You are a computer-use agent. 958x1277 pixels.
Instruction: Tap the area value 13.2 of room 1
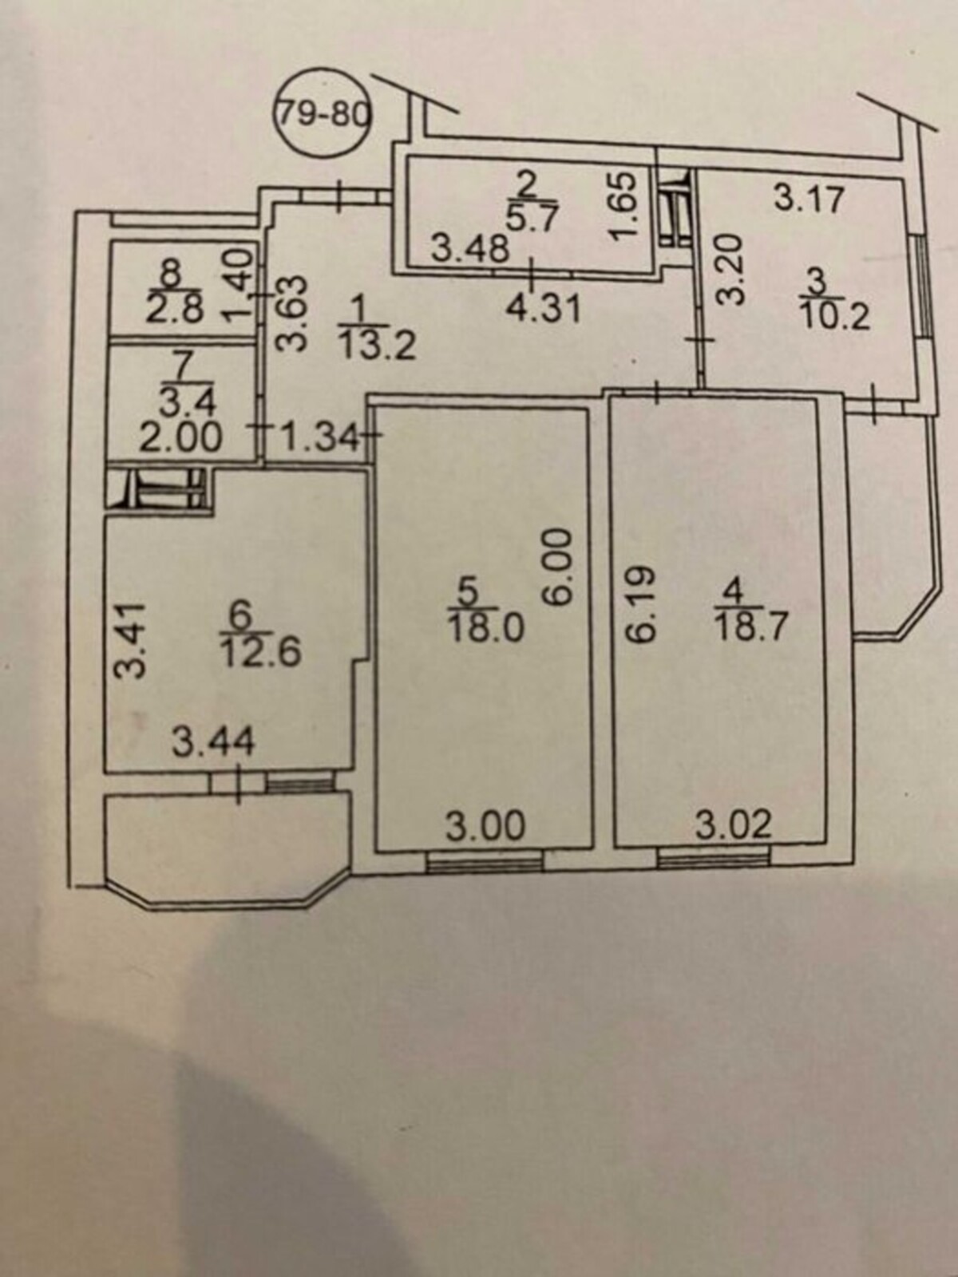click(x=378, y=348)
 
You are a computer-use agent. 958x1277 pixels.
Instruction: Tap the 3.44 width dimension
click(x=214, y=742)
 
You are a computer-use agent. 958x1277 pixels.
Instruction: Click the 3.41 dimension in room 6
click(x=128, y=641)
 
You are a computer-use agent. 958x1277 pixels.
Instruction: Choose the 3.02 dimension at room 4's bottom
click(x=734, y=825)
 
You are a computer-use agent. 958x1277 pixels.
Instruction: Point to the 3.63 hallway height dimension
click(x=292, y=314)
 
